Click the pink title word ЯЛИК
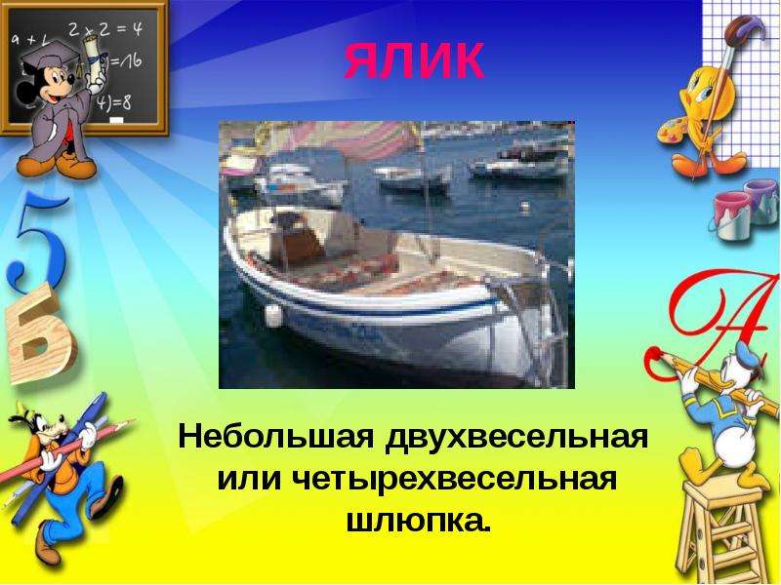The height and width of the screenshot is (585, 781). pyautogui.click(x=413, y=60)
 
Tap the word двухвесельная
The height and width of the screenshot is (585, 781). pyautogui.click(x=516, y=438)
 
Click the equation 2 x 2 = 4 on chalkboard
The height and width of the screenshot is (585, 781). pyautogui.click(x=105, y=30)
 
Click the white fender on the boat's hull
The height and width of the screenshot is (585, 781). pyautogui.click(x=273, y=315)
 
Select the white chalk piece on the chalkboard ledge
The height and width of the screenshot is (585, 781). pyautogui.click(x=115, y=121)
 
